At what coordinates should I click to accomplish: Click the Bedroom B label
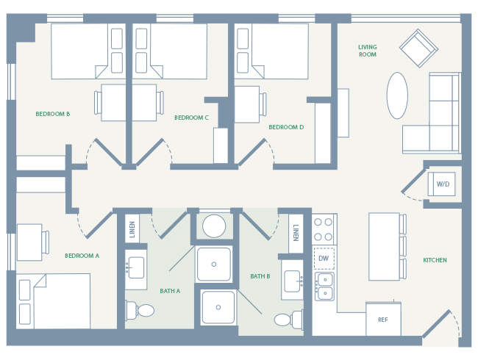pos(53,114)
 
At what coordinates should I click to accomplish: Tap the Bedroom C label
pos(191,118)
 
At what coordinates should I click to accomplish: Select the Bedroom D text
pos(286,127)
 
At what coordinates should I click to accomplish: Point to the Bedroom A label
pos(82,256)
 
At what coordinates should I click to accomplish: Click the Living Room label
pos(368,50)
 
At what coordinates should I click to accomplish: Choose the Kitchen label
pos(435,260)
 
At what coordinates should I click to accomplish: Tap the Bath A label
pos(170,291)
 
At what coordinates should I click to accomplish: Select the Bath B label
pos(260,276)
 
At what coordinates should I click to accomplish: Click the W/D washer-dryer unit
pos(442,184)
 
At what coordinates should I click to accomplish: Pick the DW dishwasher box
pos(324,259)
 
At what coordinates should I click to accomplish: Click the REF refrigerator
pos(383,320)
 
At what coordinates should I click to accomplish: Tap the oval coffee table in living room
pos(397,96)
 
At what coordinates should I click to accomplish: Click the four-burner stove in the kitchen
pos(324,230)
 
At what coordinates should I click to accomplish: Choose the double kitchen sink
pos(324,286)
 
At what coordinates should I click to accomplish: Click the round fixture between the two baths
pos(214,226)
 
